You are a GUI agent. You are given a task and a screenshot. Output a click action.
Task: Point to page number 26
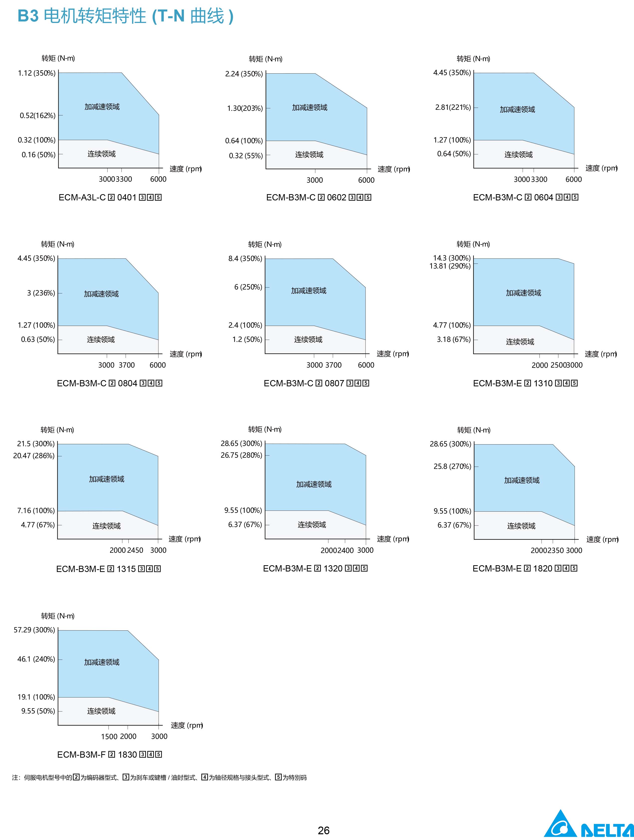coord(323,830)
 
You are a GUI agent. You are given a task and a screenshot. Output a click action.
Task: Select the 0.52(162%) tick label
coord(38,116)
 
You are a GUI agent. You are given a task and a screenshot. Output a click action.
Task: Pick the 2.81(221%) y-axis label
coord(453,107)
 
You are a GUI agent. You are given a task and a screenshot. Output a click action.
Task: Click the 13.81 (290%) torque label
coord(450,266)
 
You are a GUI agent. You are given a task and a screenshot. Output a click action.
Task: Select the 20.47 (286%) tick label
coord(34,455)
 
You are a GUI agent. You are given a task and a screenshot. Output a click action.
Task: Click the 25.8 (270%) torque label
coord(452,466)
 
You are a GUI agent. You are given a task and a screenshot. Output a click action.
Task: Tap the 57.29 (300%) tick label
coord(34,630)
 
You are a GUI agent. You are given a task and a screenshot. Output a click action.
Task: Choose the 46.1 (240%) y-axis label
coord(36,659)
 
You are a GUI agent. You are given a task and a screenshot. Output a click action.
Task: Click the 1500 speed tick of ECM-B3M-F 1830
coord(109,736)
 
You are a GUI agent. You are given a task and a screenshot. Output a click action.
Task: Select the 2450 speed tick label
coord(135,550)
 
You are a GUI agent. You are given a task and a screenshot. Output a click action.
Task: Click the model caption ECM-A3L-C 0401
coord(110,197)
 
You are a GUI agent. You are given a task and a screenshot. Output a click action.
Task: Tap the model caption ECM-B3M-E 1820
coord(525,568)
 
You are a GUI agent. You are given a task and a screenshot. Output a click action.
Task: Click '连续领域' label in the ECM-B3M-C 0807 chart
coord(308,339)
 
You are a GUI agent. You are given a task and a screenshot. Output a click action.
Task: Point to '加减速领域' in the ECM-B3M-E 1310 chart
coord(523,293)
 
